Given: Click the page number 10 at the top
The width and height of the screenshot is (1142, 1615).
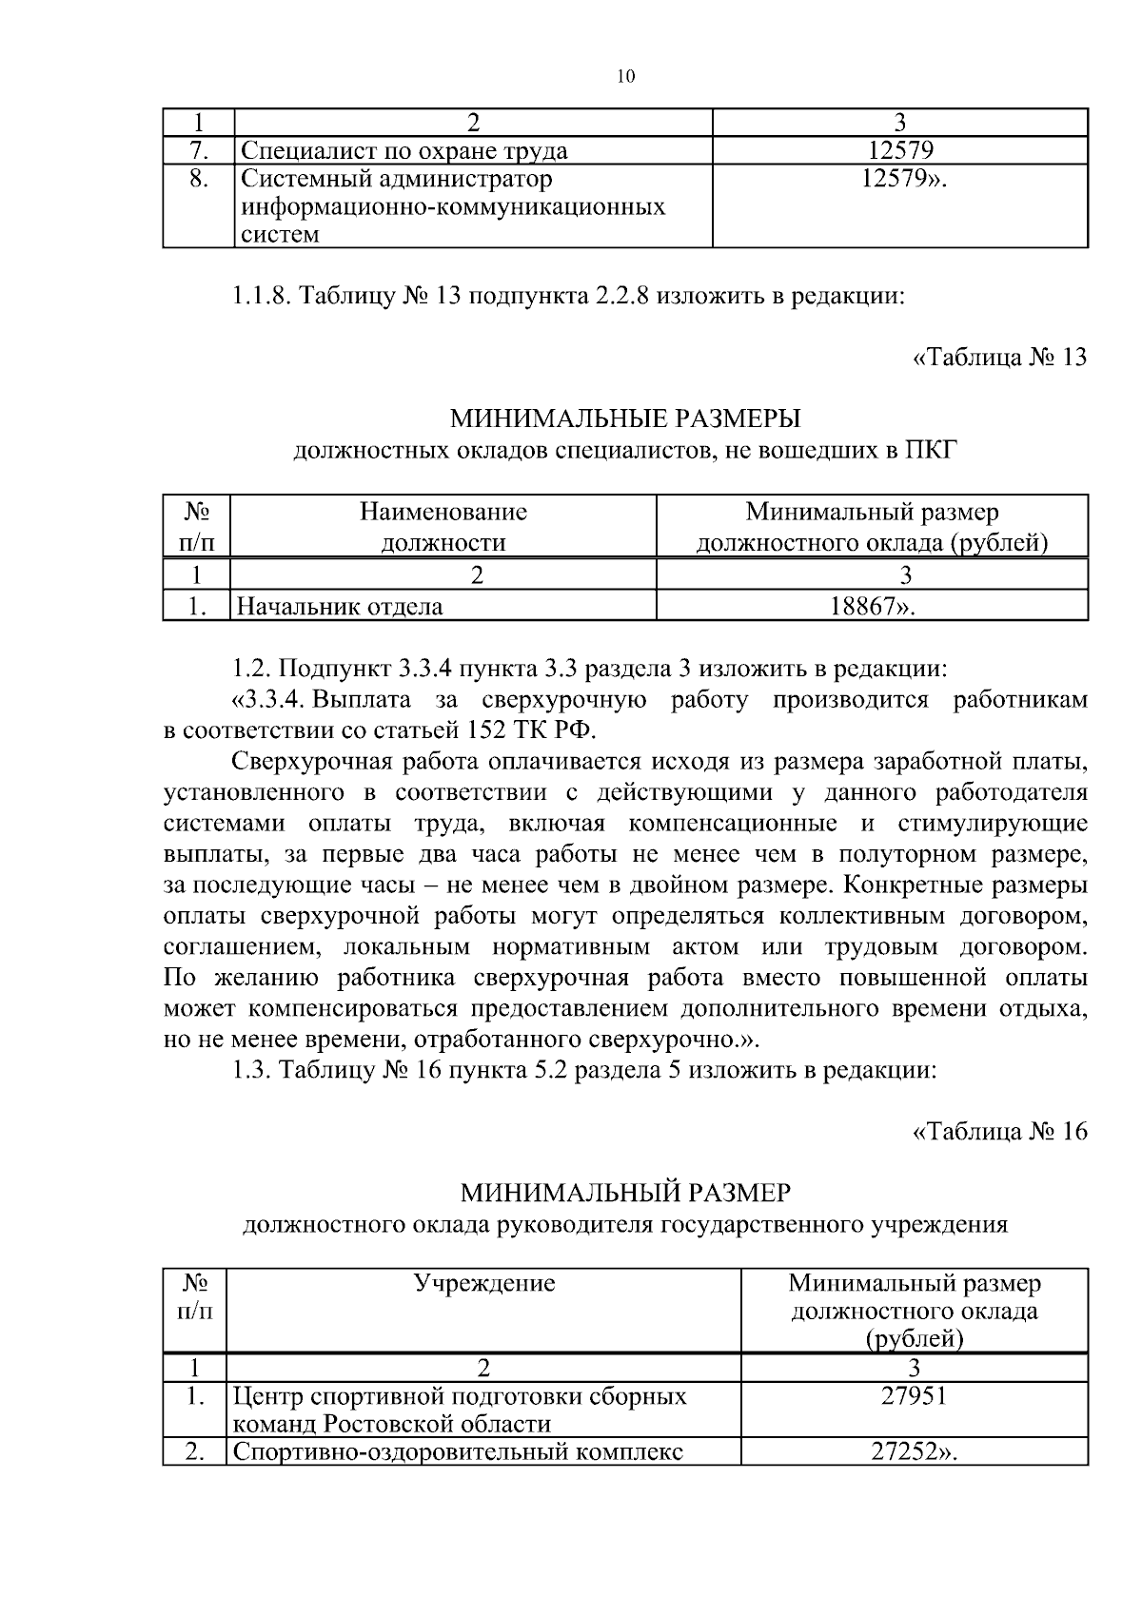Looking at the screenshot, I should tap(625, 77).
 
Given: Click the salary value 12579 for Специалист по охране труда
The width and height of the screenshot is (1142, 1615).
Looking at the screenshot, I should tap(900, 150).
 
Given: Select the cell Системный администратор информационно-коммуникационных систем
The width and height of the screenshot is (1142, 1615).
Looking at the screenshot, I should tap(452, 206).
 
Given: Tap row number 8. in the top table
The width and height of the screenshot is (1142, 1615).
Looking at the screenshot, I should tap(198, 179).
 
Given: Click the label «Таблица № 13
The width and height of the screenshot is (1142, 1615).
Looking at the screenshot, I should tap(999, 358).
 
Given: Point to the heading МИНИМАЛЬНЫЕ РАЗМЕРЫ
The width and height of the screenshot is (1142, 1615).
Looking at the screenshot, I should tap(625, 418).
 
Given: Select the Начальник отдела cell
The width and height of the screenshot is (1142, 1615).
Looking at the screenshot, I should tap(340, 606).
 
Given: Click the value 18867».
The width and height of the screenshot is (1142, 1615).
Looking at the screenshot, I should tap(873, 606).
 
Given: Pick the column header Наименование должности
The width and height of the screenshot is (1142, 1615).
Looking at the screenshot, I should tap(443, 527).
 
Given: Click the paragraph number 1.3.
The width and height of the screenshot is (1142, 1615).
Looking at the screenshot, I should tap(252, 1070).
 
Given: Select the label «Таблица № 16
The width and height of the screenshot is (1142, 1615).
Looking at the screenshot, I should tap(999, 1132).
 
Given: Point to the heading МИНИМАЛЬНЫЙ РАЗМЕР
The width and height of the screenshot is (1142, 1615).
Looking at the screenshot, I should tap(625, 1193).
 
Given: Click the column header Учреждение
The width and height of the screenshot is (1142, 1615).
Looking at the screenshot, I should tap(483, 1283).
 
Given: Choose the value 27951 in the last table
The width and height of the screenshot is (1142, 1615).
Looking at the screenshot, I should tap(914, 1396).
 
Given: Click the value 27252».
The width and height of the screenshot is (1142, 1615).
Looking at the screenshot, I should tap(914, 1452).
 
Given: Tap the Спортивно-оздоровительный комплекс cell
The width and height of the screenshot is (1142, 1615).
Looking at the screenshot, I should tap(458, 1452).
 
